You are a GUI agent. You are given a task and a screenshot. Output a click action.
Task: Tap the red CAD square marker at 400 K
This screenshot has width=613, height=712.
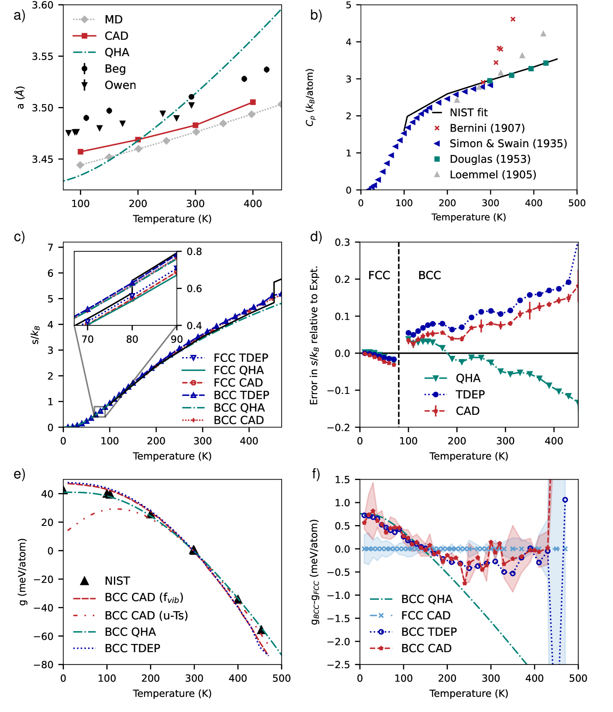[x=253, y=102]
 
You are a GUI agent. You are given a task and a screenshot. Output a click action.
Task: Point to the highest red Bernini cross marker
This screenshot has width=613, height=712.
[x=513, y=19]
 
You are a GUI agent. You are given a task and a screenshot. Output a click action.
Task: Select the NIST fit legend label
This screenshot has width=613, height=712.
[x=468, y=112]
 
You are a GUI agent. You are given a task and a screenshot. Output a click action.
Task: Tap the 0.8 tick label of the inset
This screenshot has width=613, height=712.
[x=194, y=252]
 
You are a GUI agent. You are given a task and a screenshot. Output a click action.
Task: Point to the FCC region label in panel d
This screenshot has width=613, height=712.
[x=379, y=275]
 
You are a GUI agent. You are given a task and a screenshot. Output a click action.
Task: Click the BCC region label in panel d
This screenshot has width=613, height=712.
[x=429, y=275]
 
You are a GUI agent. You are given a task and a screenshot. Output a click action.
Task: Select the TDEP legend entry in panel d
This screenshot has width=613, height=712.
[x=470, y=394]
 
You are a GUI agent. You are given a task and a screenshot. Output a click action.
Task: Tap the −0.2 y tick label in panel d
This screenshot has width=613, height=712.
[x=338, y=428]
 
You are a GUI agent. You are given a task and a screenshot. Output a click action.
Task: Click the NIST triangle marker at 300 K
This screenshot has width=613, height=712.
[x=193, y=550]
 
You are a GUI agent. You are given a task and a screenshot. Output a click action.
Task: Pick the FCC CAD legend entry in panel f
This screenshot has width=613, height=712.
[x=425, y=615]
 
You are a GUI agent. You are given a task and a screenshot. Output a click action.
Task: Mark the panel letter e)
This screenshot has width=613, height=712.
[x=19, y=474]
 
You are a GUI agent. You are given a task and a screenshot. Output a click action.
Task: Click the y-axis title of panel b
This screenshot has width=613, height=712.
[x=310, y=97]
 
